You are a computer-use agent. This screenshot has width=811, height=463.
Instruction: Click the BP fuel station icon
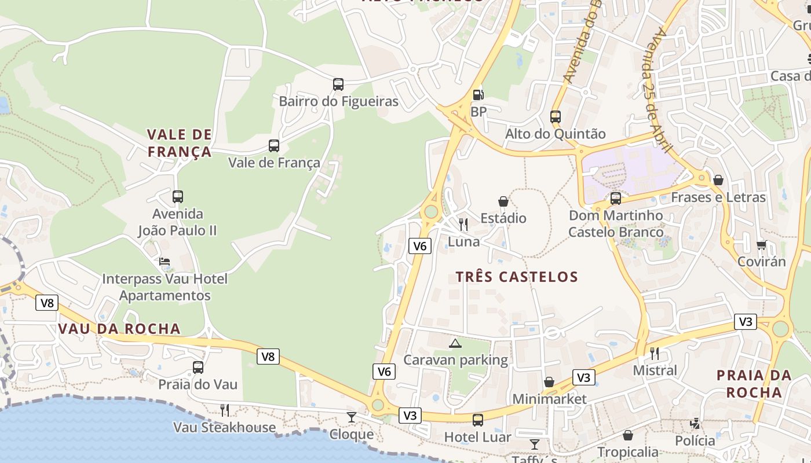478,94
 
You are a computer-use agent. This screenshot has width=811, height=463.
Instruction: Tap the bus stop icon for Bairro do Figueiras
338,84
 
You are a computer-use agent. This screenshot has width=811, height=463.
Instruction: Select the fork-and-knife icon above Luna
463,225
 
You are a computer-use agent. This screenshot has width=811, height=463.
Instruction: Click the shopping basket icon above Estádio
503,201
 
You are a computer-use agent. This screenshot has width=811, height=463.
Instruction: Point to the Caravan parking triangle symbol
455,343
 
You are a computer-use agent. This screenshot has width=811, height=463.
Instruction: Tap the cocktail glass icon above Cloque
351,417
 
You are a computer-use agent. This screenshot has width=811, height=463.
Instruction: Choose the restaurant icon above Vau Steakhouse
225,410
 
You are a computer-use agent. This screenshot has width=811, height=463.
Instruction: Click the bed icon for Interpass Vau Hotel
165,262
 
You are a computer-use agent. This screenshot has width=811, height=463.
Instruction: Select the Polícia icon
695,424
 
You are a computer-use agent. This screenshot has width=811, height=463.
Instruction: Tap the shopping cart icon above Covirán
761,245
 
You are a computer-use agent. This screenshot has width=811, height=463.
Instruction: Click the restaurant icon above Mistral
655,353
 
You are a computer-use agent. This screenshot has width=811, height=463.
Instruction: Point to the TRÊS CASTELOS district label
517,277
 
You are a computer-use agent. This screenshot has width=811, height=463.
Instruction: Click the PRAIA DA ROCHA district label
754,384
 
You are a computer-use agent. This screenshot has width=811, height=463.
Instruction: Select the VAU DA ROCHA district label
119,329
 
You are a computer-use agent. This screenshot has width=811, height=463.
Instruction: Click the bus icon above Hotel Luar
478,420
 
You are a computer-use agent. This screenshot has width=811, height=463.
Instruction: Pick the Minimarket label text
549,399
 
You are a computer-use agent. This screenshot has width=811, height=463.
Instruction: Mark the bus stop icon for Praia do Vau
198,368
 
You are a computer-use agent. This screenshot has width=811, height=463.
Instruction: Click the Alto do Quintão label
555,134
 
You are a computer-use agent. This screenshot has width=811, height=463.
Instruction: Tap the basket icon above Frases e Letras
718,181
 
